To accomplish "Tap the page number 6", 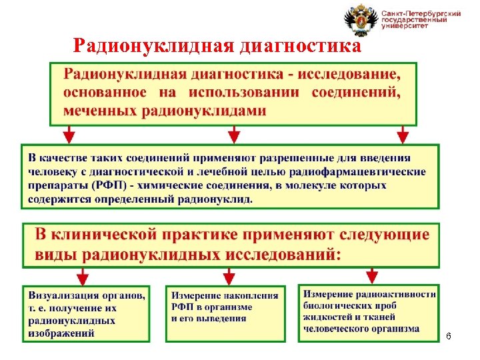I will click(x=449, y=336).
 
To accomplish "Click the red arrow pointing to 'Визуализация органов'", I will click(x=82, y=275).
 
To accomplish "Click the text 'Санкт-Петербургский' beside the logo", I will click(x=421, y=13).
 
